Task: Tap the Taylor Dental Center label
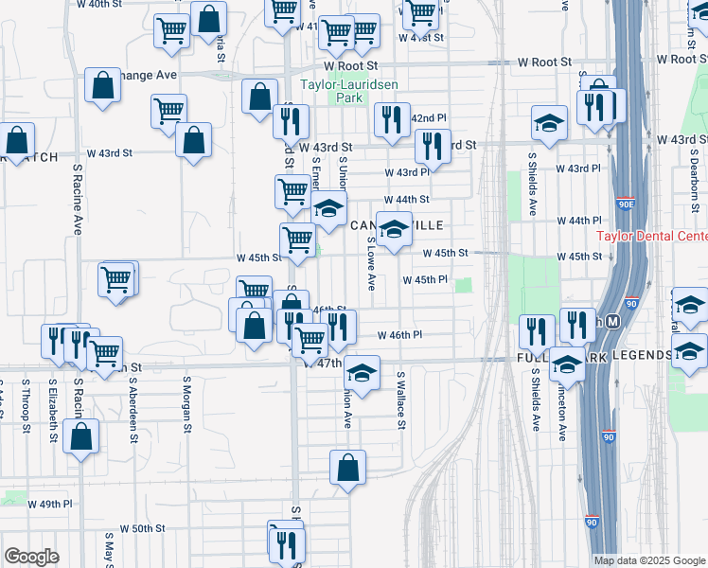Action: point(651,237)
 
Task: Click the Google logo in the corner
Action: point(31,557)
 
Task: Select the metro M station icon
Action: point(612,323)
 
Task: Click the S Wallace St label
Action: point(400,400)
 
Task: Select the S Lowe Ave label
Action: point(371,264)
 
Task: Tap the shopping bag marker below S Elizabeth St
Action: point(82,436)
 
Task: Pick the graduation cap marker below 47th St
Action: point(362,371)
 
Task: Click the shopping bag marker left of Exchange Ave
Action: point(102,85)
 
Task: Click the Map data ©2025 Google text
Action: point(650,560)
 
